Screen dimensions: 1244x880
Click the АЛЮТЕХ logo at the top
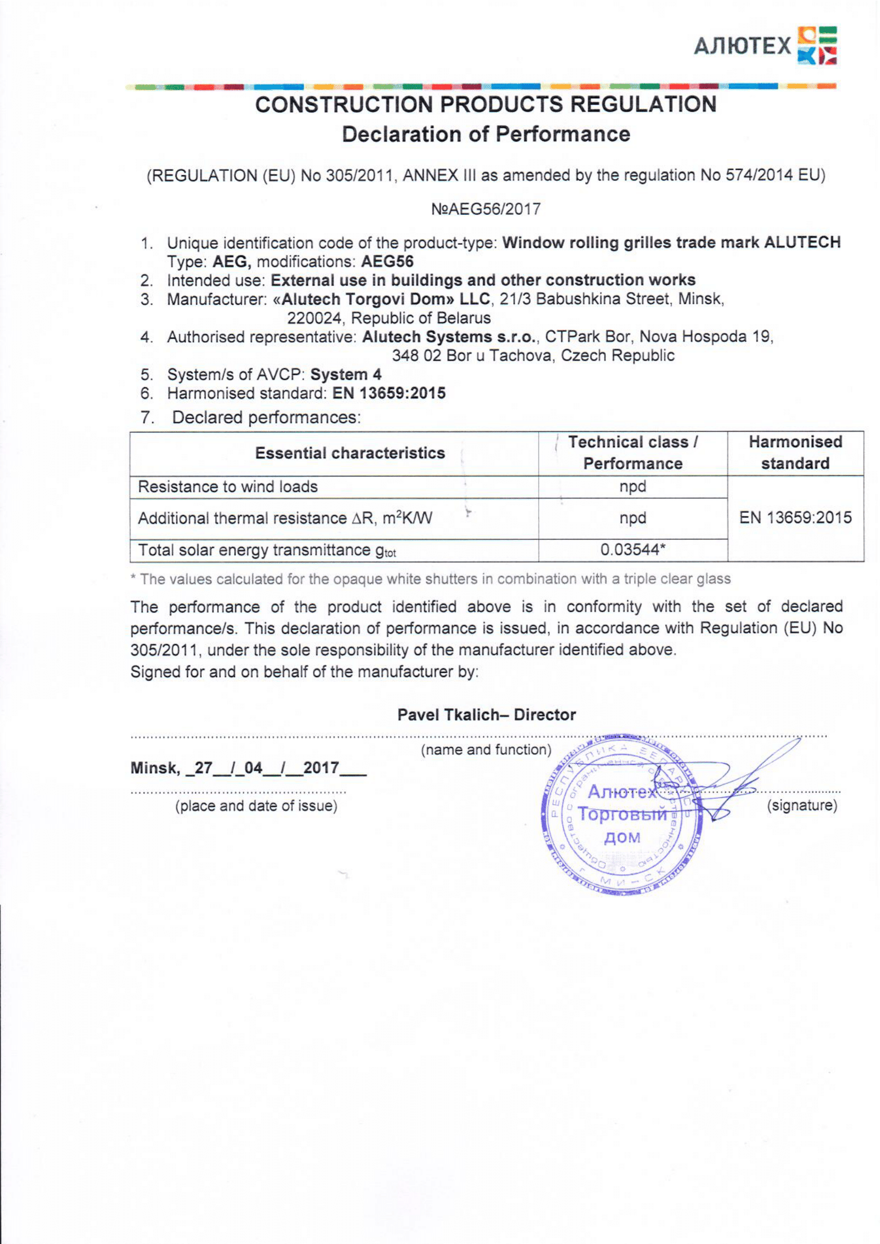pos(764,46)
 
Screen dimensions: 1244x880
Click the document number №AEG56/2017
pos(486,209)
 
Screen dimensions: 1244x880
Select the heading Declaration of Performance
pos(486,135)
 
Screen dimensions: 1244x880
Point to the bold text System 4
pos(346,374)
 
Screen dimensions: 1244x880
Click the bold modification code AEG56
pos(387,262)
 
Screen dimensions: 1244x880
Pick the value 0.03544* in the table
pos(632,550)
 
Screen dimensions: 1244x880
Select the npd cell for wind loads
pos(632,487)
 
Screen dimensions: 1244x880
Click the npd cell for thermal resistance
pos(632,518)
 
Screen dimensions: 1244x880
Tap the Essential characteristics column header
pos(350,453)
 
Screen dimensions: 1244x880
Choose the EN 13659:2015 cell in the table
pos(795,518)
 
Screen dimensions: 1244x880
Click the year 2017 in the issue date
pos(321,768)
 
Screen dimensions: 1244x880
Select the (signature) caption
pos(801,806)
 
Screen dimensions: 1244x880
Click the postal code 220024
pos(314,318)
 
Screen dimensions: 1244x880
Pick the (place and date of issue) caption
pos(256,806)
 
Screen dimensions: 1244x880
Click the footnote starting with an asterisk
pos(431,579)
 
